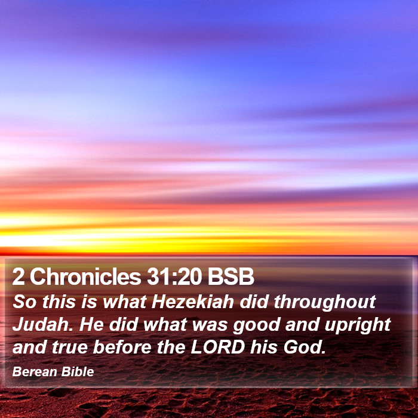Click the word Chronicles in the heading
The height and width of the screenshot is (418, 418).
coord(85,276)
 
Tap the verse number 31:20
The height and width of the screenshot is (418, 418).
coord(174,276)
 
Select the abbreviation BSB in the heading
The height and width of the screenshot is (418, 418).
coord(231,276)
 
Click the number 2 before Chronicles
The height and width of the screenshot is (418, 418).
coord(18,276)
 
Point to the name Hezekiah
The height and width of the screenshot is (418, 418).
coord(193,302)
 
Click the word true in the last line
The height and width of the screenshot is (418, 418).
coord(70,348)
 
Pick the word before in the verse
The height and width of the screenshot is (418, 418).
coord(122,347)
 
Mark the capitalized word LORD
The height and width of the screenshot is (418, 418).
coord(218,347)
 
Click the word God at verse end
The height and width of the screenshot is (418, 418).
coord(305,347)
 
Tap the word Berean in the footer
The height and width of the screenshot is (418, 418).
coord(35,371)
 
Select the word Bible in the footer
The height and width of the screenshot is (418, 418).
coord(78,371)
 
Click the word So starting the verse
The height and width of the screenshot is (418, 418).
coord(24,302)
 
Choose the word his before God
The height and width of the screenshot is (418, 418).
coord(264,347)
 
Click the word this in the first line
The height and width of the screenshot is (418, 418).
coord(59,302)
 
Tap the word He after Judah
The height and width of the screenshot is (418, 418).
coord(91,324)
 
